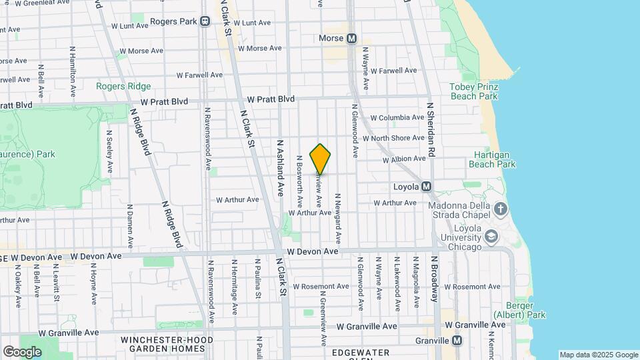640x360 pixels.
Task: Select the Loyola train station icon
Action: (427, 187)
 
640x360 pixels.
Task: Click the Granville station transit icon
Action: (457, 340)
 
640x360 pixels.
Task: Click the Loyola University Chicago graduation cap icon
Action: (491, 237)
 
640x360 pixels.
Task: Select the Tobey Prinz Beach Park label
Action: (473, 91)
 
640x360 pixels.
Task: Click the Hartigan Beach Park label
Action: (492, 159)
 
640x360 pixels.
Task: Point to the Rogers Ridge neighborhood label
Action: (123, 86)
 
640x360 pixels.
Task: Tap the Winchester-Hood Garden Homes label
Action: (167, 344)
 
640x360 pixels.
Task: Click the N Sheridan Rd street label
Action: (431, 129)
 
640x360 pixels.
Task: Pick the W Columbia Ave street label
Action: (397, 117)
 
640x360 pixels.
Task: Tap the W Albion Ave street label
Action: (404, 159)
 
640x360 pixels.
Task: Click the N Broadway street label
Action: (433, 278)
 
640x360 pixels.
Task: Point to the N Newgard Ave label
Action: (339, 218)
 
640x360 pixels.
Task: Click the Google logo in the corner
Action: (22, 351)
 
